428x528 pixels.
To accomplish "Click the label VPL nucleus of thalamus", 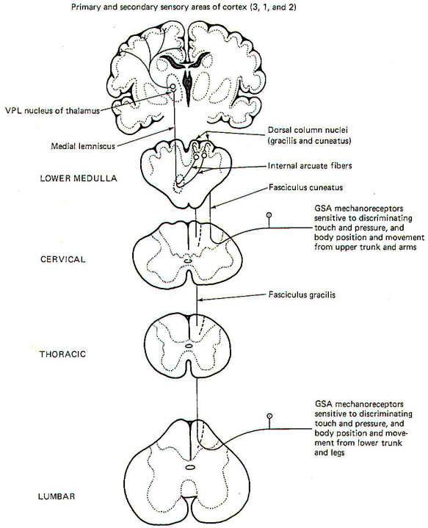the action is (53, 111).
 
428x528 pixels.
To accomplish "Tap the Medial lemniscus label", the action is (83, 146).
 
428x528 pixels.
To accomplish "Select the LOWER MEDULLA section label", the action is (79, 178).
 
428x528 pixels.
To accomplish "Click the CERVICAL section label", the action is (63, 259).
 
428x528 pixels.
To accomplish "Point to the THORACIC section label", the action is (62, 354).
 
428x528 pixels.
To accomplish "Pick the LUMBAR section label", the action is (57, 496).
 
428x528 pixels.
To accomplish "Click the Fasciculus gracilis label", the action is (302, 295).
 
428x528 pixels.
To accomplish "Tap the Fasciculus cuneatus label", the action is (305, 187).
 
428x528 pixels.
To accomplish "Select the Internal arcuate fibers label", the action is (310, 166).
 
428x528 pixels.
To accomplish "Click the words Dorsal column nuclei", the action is (308, 130).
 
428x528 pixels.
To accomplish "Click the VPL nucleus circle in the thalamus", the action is (173, 87).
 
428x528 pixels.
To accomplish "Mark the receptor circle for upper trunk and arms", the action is (269, 214).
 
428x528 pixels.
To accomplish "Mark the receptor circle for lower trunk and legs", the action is (269, 416).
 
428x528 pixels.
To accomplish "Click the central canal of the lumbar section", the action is (190, 467).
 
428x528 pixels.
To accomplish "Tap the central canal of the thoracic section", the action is (189, 345).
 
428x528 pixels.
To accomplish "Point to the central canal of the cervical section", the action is (187, 261).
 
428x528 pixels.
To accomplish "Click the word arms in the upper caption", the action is (407, 247).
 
